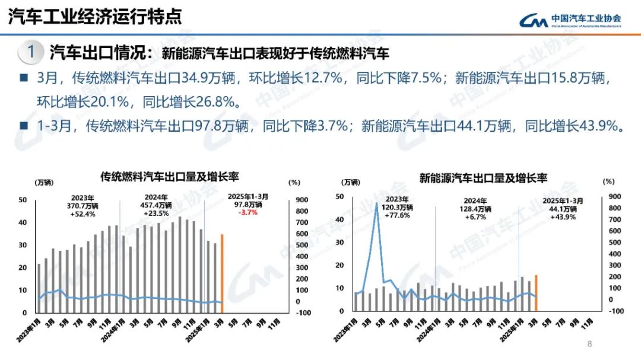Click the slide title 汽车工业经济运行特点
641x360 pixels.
coord(94,16)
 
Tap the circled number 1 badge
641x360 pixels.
coord(30,52)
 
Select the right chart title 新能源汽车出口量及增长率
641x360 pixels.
coord(483,177)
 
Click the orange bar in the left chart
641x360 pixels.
coord(223,268)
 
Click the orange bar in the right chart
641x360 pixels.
coord(536,292)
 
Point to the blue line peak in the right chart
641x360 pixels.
coord(377,203)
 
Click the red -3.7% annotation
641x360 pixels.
coord(247,212)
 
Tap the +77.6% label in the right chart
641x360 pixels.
coord(397,215)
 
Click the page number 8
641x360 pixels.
coord(589,344)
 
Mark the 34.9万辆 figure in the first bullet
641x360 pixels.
coord(213,78)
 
